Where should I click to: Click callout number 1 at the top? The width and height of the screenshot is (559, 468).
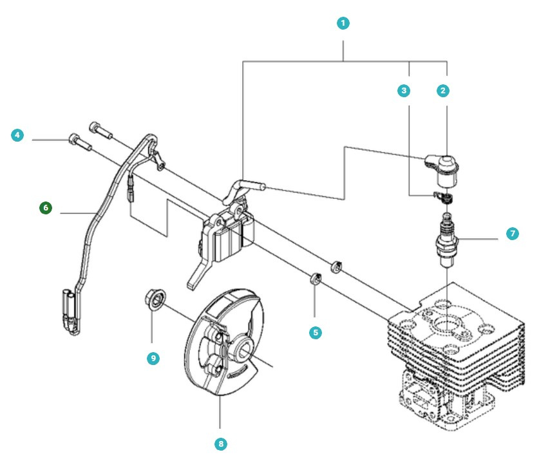coord(343,23)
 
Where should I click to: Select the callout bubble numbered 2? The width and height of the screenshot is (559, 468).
coord(442,91)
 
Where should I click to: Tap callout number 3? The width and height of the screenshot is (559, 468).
coord(404,91)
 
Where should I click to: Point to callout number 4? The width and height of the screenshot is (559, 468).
coord(17,135)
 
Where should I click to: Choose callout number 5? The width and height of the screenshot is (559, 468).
coord(315,332)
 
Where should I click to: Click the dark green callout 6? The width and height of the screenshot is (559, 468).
coord(45,208)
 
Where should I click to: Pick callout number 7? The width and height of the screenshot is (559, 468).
coord(513,234)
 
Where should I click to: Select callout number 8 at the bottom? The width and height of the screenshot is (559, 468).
coord(220,444)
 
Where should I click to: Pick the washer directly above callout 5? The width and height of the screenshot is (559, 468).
coord(316,279)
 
